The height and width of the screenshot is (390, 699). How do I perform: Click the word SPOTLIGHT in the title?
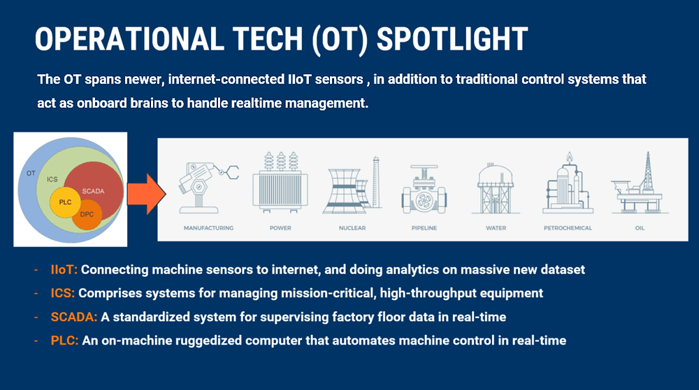point(452,39)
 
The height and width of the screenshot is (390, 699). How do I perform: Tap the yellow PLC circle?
point(65,202)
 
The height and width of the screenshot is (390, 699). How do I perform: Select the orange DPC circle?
point(87,215)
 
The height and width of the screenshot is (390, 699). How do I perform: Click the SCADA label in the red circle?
point(93,191)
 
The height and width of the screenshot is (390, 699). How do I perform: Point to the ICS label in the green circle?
point(52,179)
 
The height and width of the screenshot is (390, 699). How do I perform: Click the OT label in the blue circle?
point(31,173)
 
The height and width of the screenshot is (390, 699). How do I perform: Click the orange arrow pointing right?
point(147,194)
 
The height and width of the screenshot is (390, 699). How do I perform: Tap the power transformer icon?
point(280,182)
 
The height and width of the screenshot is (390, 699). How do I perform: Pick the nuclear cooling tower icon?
point(352,185)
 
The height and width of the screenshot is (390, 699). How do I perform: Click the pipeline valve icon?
point(424,189)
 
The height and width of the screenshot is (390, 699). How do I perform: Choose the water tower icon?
point(496,188)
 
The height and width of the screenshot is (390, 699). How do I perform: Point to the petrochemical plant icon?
point(568,183)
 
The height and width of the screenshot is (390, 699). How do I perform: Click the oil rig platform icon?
point(640,183)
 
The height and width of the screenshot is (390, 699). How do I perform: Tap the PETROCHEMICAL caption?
point(568,228)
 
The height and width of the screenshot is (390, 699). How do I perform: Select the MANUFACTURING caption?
point(208,228)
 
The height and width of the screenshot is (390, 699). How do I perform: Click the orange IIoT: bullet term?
point(64,269)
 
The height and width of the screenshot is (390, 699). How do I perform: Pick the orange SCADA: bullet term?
point(74,317)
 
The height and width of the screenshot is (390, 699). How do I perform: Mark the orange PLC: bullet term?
point(64,340)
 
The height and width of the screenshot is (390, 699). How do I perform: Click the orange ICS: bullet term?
point(63,293)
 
